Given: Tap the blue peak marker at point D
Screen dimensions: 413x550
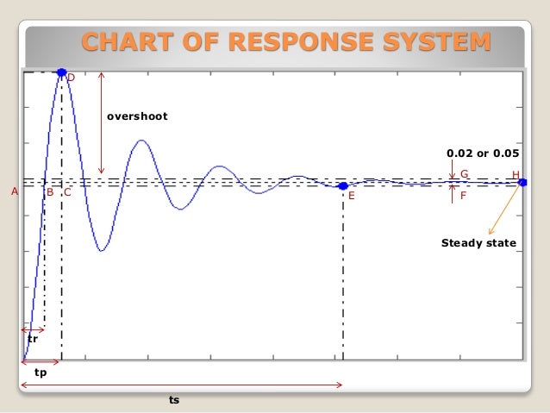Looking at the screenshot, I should point(61,73).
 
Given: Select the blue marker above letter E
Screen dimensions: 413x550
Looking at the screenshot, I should point(343,185).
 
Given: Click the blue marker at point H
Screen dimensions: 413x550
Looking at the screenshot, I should point(522,182).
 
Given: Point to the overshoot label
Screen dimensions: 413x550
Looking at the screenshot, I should point(137,116).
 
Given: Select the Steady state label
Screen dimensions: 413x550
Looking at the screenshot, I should point(478,243).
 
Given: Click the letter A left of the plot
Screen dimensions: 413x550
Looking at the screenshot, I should point(14,192).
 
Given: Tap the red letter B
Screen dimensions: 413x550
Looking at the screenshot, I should point(50,192).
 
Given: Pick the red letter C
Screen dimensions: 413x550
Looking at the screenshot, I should point(66,192).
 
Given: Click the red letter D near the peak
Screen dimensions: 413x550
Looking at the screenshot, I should point(71,78).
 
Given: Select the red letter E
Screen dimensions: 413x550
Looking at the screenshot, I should point(351,197).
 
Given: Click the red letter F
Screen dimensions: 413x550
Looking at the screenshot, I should point(464,196).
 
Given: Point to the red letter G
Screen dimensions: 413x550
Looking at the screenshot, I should point(464,174).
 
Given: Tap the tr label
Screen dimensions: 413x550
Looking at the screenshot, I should point(33,340).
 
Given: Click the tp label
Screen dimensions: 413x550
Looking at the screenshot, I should point(41,374).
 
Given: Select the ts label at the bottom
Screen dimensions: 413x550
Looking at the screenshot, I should point(174,400).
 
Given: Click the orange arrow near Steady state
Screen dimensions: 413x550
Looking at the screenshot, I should point(503,210).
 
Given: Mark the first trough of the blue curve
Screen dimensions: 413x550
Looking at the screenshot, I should point(102,250).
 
